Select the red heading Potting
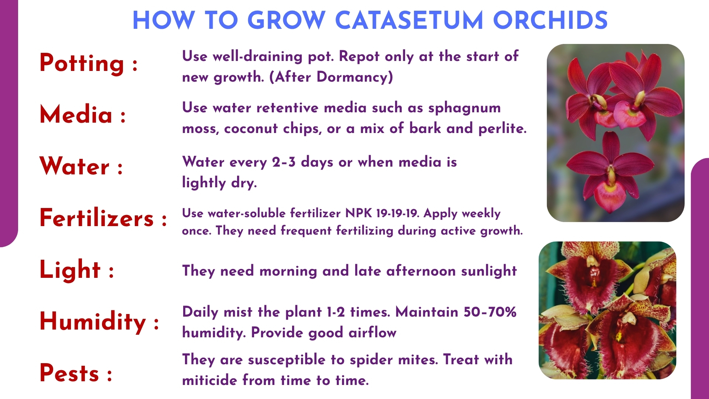(82, 63)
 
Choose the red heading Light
(70, 270)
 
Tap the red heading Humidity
(93, 321)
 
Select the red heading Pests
(69, 373)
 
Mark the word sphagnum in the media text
(465, 108)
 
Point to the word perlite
(503, 128)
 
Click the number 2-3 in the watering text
(284, 162)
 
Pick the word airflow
(373, 332)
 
